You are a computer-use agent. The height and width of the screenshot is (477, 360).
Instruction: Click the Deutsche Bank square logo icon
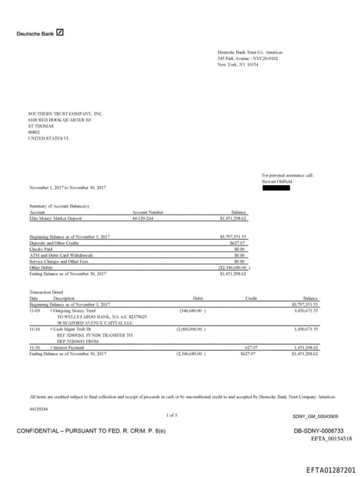coord(60,32)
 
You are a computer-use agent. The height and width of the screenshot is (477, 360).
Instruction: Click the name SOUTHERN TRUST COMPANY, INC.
coord(65,113)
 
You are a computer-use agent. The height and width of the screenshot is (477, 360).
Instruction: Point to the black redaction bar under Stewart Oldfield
coord(276,186)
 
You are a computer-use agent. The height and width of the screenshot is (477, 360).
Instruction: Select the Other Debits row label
coord(40,267)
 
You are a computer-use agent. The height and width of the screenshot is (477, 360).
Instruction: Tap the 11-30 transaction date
coord(34,347)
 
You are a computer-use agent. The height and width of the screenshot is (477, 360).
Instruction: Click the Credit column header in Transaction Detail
coord(250,298)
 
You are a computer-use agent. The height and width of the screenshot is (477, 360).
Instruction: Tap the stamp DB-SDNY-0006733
coord(319,430)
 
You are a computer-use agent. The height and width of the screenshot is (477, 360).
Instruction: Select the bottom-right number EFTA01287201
coord(331,469)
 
